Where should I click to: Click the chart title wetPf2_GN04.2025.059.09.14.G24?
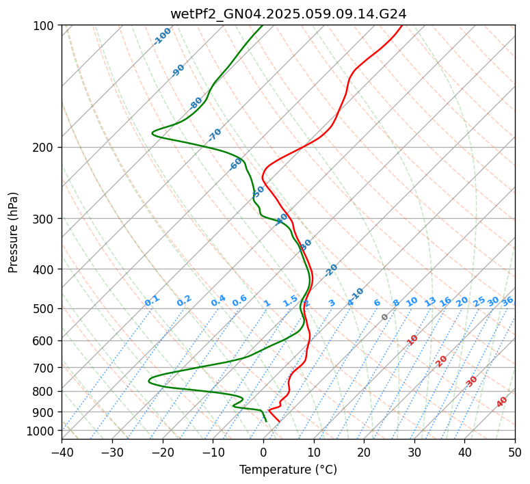(x=288, y=14)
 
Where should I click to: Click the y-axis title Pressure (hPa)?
(x=14, y=232)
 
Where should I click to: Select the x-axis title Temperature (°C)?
(x=288, y=470)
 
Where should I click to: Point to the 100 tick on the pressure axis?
(x=45, y=26)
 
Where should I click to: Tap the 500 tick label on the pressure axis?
(x=45, y=309)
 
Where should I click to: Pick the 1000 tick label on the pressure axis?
(x=42, y=431)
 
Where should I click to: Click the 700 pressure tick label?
(x=45, y=368)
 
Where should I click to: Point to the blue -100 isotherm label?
(x=162, y=36)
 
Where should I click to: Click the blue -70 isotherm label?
(x=215, y=135)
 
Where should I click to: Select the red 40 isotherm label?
(x=502, y=402)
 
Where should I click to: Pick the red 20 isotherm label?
(x=442, y=361)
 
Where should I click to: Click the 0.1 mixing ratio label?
(x=152, y=301)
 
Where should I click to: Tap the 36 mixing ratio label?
(x=507, y=301)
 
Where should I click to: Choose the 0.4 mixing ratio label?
(x=218, y=301)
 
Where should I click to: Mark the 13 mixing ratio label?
(x=430, y=301)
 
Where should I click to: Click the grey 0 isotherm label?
(x=385, y=317)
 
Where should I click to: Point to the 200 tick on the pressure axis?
(x=45, y=148)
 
